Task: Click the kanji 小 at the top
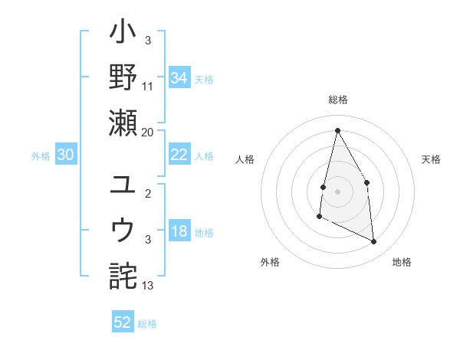123,34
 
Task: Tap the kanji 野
123,78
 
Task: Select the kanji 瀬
123,123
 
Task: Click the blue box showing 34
179,77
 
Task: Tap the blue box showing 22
179,155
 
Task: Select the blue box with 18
179,232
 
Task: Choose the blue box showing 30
66,155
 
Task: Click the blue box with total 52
123,322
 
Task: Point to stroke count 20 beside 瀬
147,133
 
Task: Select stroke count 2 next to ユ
149,195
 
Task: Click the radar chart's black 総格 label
337,100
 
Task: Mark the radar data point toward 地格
374,241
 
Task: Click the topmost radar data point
337,130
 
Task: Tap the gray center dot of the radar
337,191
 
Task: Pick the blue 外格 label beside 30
41,156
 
